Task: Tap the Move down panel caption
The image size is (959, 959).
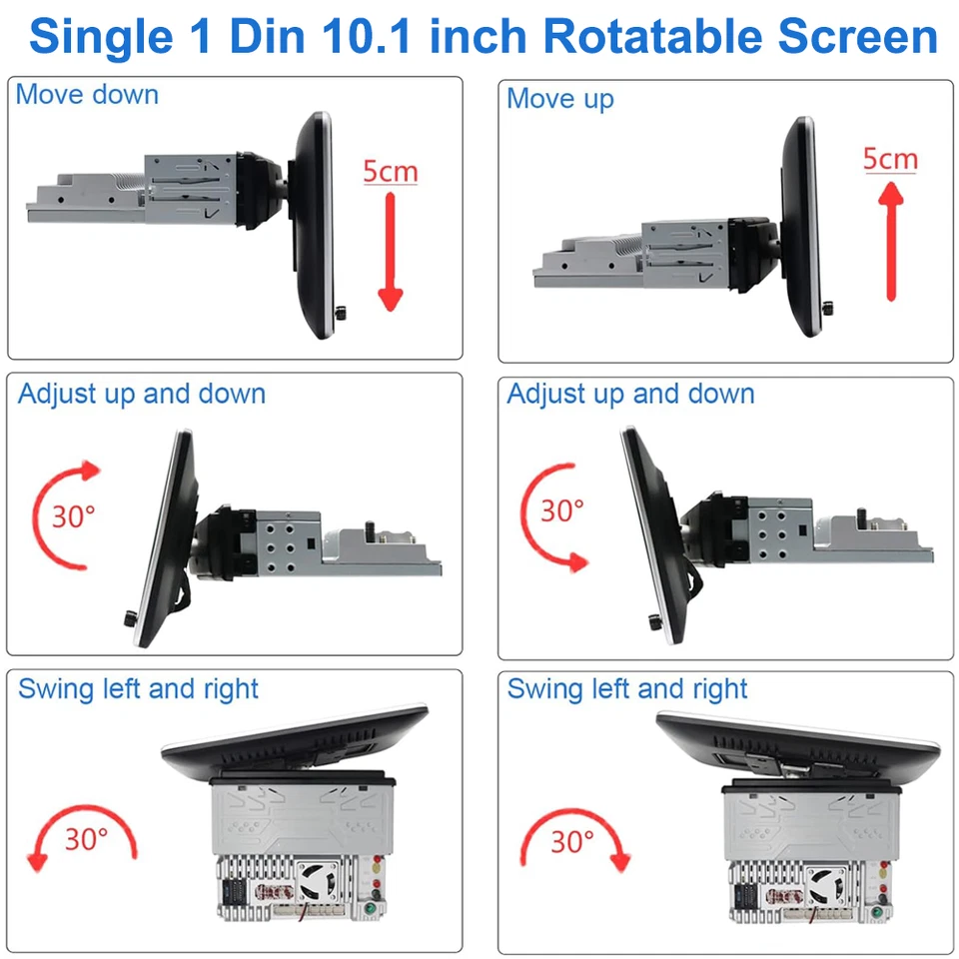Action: coord(87,95)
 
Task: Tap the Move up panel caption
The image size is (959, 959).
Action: coord(559,99)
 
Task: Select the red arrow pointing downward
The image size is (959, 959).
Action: coord(390,250)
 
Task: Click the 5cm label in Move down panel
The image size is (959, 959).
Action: coord(390,172)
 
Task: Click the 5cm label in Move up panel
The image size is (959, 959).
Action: coord(889,158)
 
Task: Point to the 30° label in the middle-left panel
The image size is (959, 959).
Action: coord(73,516)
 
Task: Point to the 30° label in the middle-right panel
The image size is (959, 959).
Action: coord(561,509)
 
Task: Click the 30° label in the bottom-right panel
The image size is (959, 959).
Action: coord(572,841)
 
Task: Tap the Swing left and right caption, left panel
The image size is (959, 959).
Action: coord(138,688)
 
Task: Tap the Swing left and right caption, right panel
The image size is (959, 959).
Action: coord(626,688)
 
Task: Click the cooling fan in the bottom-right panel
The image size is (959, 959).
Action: coord(825,883)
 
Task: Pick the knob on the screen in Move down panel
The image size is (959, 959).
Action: coord(343,314)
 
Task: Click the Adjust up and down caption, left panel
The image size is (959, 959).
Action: coord(141,394)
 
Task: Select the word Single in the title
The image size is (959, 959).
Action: coord(92,37)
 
